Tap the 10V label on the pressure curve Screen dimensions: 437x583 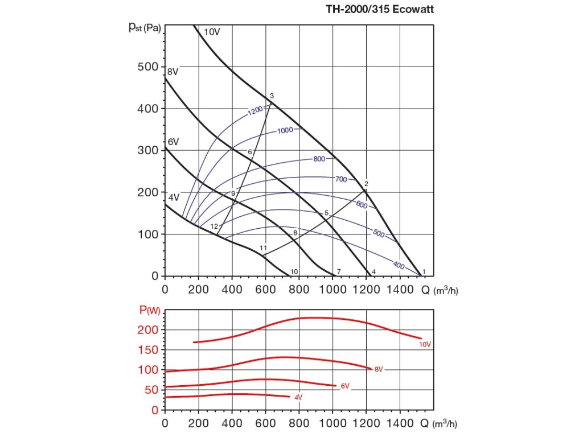pyautogui.click(x=211, y=32)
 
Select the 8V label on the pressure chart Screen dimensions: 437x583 pyautogui.click(x=173, y=72)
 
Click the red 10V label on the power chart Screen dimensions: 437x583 pyautogui.click(x=425, y=344)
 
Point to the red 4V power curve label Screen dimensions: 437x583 pyautogui.click(x=298, y=397)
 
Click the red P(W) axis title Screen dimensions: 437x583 pyautogui.click(x=151, y=310)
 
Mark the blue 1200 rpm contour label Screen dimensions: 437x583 pyautogui.click(x=255, y=111)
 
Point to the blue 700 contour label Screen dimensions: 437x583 pyautogui.click(x=340, y=180)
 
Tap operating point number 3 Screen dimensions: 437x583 pyautogui.click(x=272, y=96)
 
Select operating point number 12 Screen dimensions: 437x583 pyautogui.click(x=214, y=226)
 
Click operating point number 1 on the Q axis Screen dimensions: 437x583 pyautogui.click(x=424, y=271)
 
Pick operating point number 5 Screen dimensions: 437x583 pyautogui.click(x=326, y=213)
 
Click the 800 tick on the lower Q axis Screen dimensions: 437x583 pyautogui.click(x=299, y=423)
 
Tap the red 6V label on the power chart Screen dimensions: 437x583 pyautogui.click(x=344, y=386)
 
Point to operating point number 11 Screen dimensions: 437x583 pyautogui.click(x=263, y=248)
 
